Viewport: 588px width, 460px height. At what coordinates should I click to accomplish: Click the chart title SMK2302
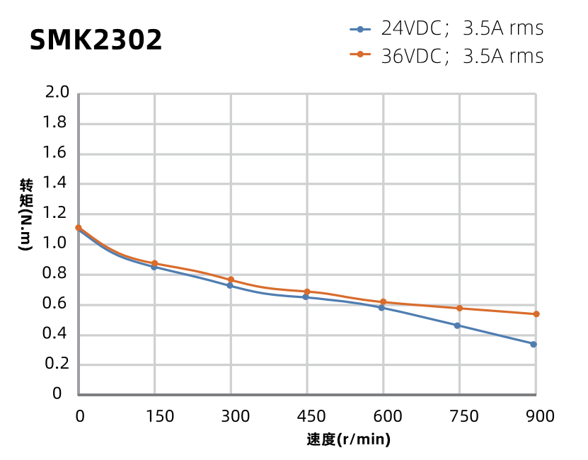(x=96, y=40)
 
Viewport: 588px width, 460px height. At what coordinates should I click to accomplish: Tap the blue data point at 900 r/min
(x=534, y=345)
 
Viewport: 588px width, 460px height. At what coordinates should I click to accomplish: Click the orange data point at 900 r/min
(x=536, y=314)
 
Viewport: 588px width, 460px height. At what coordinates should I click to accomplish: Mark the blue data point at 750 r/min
(x=457, y=326)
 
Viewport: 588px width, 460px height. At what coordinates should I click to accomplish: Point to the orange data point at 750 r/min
(x=460, y=309)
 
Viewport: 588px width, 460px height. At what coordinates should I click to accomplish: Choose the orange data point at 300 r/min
(x=231, y=280)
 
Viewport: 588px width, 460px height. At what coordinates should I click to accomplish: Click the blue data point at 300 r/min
(x=229, y=285)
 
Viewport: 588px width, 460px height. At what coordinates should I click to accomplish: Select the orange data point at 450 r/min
(x=307, y=292)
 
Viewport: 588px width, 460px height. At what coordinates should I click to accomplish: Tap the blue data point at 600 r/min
(x=381, y=308)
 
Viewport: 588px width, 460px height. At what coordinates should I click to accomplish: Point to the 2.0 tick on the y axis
(x=57, y=93)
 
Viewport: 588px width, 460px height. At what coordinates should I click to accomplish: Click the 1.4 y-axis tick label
(x=57, y=183)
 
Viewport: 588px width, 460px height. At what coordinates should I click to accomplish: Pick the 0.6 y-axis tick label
(x=57, y=304)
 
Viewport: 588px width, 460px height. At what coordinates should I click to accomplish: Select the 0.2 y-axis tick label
(x=57, y=364)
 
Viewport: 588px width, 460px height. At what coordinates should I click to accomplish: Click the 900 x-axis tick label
(x=541, y=417)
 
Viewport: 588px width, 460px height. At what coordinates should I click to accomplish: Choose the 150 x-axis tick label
(x=160, y=417)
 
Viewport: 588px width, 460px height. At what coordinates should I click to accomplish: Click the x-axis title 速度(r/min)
(x=349, y=440)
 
